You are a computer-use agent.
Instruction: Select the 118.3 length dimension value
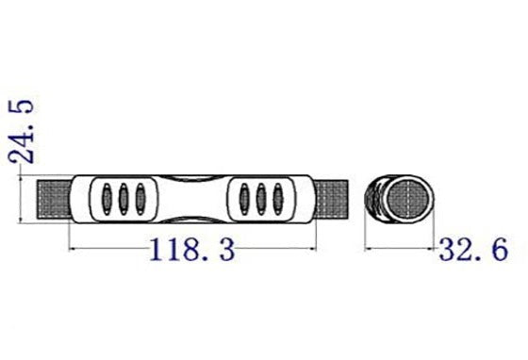coord(190,251)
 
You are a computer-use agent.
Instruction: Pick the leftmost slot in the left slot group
coord(105,199)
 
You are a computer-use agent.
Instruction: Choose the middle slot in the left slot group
coord(123,199)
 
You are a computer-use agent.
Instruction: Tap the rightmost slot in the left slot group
coord(140,199)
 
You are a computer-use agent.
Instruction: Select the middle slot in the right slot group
coord(262,199)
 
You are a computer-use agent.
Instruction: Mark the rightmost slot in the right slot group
coord(279,199)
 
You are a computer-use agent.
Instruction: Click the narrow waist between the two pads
coord(191,200)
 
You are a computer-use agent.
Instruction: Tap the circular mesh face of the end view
coord(408,200)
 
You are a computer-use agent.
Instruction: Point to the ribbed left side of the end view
coord(375,200)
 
